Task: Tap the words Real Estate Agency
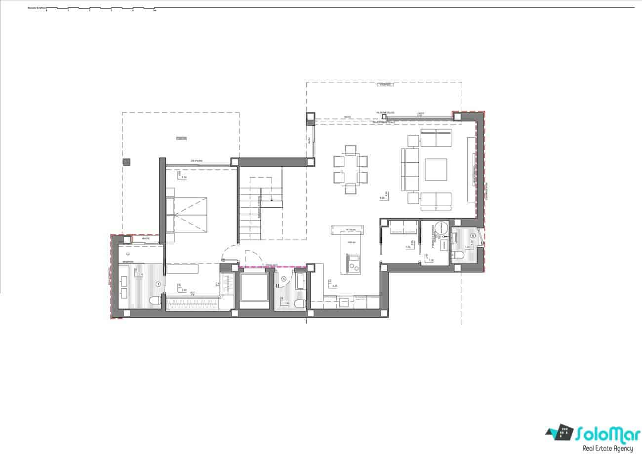pyautogui.click(x=607, y=448)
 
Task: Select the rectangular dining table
pyautogui.click(x=351, y=169)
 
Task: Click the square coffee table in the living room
pyautogui.click(x=436, y=169)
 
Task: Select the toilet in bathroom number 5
pyautogui.click(x=298, y=303)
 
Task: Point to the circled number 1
pyautogui.click(x=158, y=284)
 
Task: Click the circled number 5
pyautogui.click(x=283, y=279)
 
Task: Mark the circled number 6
pyautogui.click(x=473, y=236)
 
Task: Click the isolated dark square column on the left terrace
pyautogui.click(x=127, y=161)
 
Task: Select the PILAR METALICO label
pyautogui.click(x=385, y=113)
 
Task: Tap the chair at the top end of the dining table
pyautogui.click(x=351, y=150)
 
